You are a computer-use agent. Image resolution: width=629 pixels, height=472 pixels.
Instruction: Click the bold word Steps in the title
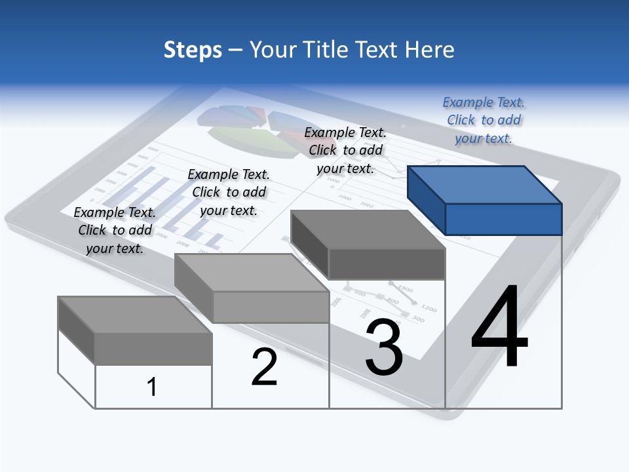pyautogui.click(x=193, y=50)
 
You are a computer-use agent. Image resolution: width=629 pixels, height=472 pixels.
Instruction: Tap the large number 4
pyautogui.click(x=499, y=327)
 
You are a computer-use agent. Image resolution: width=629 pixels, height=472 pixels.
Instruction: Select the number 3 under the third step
pyautogui.click(x=384, y=347)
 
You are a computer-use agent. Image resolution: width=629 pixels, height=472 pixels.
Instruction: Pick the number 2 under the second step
pyautogui.click(x=265, y=367)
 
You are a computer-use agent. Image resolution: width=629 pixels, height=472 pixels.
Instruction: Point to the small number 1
pyautogui.click(x=152, y=387)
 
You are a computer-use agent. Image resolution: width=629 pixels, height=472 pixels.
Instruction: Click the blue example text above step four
pyautogui.click(x=484, y=120)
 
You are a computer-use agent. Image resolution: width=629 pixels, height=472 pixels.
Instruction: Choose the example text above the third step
pyautogui.click(x=345, y=150)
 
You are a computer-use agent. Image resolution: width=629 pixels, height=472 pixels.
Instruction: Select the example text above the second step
pyautogui.click(x=229, y=192)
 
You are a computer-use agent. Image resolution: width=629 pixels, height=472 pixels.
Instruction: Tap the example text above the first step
pyautogui.click(x=115, y=230)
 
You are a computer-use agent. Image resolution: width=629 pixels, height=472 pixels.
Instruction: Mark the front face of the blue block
pyautogui.click(x=503, y=219)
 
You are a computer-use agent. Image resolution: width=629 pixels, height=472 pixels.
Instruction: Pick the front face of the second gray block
pyautogui.click(x=271, y=307)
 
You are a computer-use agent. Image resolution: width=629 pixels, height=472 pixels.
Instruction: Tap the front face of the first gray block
pyautogui.click(x=153, y=349)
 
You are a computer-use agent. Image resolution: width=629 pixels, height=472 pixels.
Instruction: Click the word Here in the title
pyautogui.click(x=430, y=50)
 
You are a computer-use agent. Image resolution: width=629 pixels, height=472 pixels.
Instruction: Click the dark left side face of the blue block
pyautogui.click(x=426, y=197)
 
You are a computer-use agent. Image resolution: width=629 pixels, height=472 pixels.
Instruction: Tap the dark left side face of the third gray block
pyautogui.click(x=309, y=243)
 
